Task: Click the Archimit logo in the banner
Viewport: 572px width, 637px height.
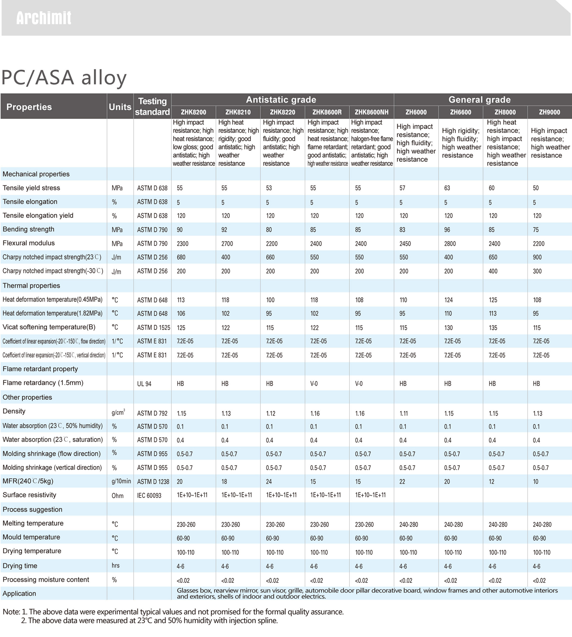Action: click(x=44, y=18)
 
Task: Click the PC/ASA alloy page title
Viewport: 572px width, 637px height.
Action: click(x=64, y=78)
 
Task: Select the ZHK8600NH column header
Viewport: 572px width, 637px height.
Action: click(x=371, y=112)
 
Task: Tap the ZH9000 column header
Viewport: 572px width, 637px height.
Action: click(x=549, y=112)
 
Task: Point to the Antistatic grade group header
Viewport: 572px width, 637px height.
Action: click(x=281, y=100)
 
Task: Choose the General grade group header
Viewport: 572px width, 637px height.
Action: click(x=479, y=100)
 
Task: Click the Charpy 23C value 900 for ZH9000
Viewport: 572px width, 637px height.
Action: click(x=537, y=257)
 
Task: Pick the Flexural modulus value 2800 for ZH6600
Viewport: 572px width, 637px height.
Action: click(x=450, y=243)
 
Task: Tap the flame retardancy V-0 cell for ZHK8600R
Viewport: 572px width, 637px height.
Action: click(x=314, y=384)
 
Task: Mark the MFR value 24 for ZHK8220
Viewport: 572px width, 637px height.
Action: click(x=269, y=481)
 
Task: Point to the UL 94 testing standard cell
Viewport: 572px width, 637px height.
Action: click(x=144, y=384)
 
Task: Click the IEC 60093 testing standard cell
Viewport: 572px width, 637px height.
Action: click(x=149, y=495)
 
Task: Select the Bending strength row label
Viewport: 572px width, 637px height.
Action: click(x=28, y=229)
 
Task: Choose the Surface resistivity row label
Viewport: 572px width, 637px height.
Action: click(x=29, y=495)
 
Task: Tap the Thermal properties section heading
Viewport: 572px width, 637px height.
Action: click(x=31, y=286)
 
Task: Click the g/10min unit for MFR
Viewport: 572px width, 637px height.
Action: click(x=121, y=481)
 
